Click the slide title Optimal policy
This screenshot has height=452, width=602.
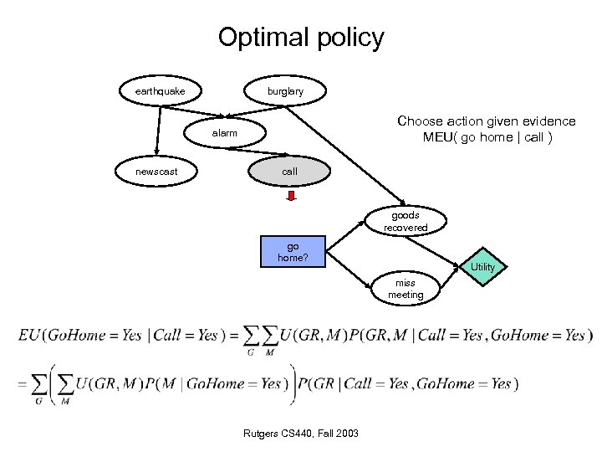point(301,38)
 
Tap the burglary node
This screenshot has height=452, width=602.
point(285,90)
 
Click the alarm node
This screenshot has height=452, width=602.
point(224,133)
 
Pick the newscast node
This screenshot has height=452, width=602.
point(156,172)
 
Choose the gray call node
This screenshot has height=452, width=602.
point(289,171)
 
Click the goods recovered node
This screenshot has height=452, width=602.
point(406,221)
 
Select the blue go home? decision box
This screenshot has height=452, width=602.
point(293,252)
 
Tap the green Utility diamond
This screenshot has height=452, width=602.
point(482,266)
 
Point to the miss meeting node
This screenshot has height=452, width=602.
point(406,289)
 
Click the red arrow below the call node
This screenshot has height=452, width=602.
point(292,197)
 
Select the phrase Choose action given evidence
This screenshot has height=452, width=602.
point(486,121)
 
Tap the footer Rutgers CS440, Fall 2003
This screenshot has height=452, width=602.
point(302,433)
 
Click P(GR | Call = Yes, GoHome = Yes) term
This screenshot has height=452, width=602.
point(408,384)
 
